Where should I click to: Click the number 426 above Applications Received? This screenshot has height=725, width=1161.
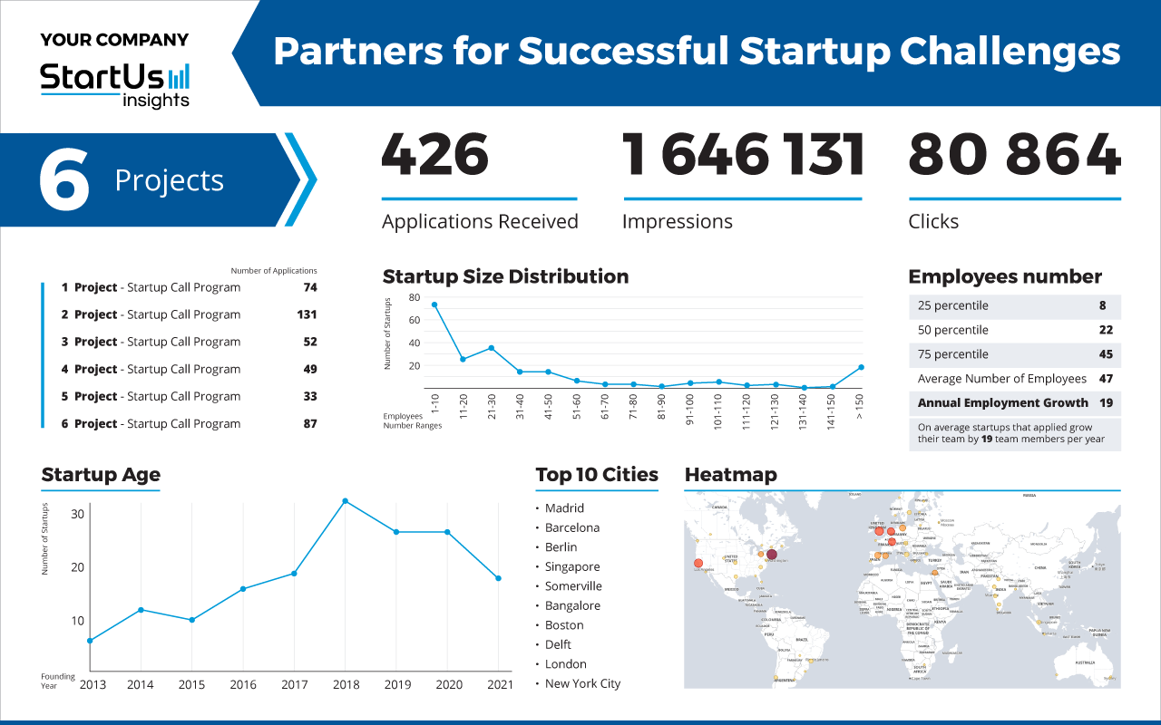[x=435, y=155]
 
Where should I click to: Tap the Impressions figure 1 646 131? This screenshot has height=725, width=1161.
[x=743, y=155]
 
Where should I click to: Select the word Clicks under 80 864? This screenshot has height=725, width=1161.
[x=933, y=222]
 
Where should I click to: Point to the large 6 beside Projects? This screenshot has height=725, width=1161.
[x=64, y=180]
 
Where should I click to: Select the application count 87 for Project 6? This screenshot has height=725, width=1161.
[x=310, y=423]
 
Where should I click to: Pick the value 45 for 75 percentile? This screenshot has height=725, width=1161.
[x=1106, y=354]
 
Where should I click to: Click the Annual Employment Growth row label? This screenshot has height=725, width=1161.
[x=1002, y=402]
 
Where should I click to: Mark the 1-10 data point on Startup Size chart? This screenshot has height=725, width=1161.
[x=434, y=304]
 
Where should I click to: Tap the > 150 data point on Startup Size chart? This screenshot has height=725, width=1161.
[x=861, y=367]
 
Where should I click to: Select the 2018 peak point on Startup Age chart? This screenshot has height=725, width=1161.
[x=345, y=500]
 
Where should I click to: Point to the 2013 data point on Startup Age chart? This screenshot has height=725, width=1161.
[x=89, y=641]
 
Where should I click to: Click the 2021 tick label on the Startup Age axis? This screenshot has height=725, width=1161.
[x=498, y=685]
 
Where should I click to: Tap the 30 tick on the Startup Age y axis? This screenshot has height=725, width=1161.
[x=77, y=514]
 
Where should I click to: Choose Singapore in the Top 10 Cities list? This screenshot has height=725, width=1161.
[x=572, y=566]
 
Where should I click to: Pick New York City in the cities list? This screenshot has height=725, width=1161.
[x=582, y=683]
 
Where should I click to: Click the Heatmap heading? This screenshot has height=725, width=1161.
[x=730, y=475]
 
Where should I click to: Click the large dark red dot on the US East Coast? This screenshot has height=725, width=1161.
[x=772, y=555]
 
